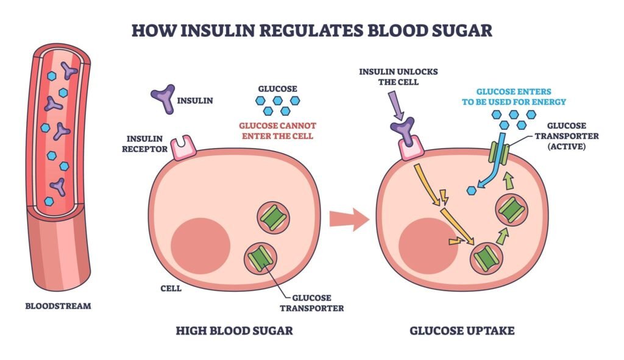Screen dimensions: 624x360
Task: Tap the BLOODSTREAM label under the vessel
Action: [x=58, y=306]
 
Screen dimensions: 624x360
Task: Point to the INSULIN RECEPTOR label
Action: [x=144, y=144]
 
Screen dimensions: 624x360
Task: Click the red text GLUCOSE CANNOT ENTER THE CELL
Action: [x=277, y=131]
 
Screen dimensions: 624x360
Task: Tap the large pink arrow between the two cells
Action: [x=349, y=219]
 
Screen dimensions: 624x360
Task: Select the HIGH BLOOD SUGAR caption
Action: [x=235, y=331]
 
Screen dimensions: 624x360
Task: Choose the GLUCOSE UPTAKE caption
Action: [x=462, y=331]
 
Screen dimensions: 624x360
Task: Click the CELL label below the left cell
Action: [x=171, y=288]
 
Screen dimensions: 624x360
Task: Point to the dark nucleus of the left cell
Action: [x=200, y=246]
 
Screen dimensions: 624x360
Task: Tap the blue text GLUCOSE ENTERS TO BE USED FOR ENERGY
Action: [x=514, y=97]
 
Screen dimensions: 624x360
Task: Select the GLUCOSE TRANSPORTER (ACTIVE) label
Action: [x=567, y=136]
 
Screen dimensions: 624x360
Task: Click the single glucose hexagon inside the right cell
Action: [x=472, y=191]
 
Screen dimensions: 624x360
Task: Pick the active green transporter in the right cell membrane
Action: [x=499, y=153]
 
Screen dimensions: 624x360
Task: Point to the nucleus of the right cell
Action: [x=428, y=246]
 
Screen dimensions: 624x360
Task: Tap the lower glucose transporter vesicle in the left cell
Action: [x=261, y=259]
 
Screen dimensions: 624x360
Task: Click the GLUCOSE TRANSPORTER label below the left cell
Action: [x=311, y=303]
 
